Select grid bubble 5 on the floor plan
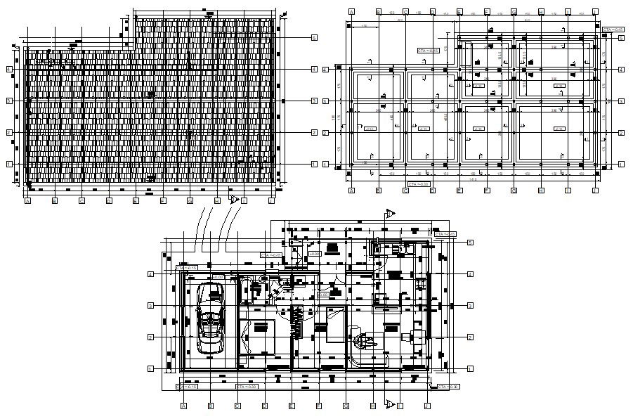point(470,242)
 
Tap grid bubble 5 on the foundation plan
point(622,38)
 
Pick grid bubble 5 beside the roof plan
point(315,37)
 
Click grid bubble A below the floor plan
point(183,406)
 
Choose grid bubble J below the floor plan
point(426,406)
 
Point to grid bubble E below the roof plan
point(136,201)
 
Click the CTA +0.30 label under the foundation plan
point(419,185)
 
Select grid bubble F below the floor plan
point(318,406)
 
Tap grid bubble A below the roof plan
point(27,201)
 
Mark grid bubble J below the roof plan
point(271,201)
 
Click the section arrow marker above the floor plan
point(391,213)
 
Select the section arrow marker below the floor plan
point(391,404)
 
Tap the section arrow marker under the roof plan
point(235,199)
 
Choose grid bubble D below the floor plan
point(264,406)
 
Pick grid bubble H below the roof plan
point(217,201)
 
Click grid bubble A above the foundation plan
point(351,12)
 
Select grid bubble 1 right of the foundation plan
point(622,164)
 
